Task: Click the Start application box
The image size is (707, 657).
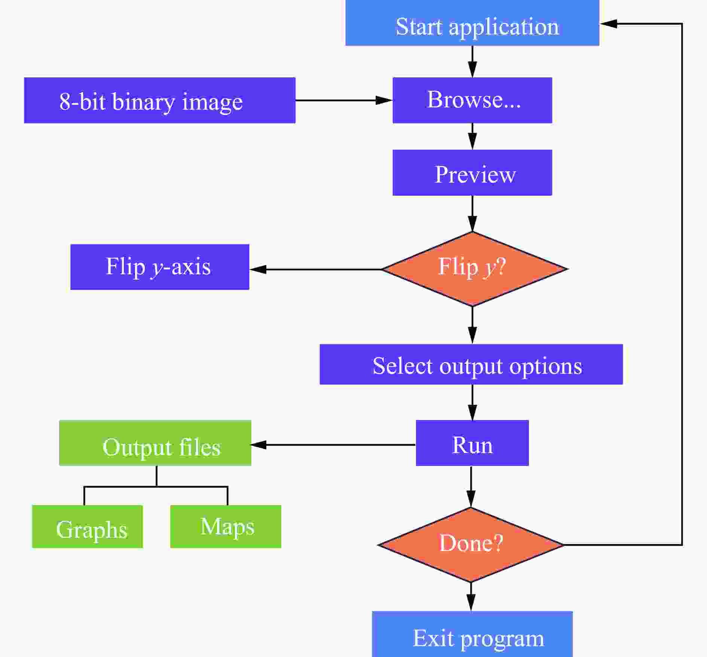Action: pos(472,23)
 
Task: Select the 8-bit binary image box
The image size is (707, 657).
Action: pos(160,100)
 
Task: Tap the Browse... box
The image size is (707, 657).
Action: pos(472,100)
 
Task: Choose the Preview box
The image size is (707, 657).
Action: pos(472,172)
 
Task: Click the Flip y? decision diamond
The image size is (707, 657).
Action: pos(473,269)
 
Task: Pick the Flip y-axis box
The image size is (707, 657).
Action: pos(160,267)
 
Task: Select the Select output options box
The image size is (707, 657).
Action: pos(471,364)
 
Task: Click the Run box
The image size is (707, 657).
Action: pos(472,443)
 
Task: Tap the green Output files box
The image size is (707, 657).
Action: pos(155,443)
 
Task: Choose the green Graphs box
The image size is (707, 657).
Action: pos(88,526)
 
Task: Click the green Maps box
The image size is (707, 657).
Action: pos(226,526)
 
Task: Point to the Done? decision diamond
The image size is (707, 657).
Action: pos(471,545)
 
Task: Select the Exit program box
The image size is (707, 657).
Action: pos(472,634)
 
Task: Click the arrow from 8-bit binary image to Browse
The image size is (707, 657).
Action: pos(344,100)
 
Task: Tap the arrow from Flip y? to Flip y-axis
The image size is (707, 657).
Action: pos(315,269)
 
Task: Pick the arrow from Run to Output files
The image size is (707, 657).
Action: pos(333,445)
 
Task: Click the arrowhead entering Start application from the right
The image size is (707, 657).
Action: pos(608,24)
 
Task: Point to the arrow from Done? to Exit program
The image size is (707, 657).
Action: pos(471,597)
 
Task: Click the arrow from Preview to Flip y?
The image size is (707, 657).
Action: pos(472,214)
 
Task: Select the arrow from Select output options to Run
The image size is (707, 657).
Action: pos(472,403)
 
